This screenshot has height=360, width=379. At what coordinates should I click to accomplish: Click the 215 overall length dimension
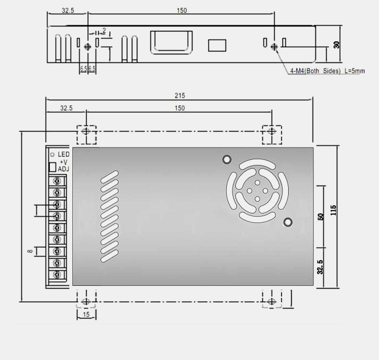point(180,95)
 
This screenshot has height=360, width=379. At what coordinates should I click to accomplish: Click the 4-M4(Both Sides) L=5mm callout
point(327,71)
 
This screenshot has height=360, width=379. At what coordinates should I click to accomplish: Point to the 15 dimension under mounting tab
point(86,314)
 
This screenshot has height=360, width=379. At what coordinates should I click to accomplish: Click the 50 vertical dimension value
point(321,217)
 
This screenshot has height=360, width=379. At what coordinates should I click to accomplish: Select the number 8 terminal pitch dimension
point(30,251)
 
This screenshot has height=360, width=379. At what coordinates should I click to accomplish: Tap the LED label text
point(63,154)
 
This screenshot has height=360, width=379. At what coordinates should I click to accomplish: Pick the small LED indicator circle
point(52,154)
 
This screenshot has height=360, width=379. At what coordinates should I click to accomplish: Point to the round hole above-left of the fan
point(227,159)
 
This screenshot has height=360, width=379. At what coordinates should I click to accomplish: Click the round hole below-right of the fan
point(288,222)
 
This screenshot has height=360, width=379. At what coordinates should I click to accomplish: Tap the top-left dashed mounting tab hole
point(86,132)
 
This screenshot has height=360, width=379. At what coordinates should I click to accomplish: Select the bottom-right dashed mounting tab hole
point(271,302)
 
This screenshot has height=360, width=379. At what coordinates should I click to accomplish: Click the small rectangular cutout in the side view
point(217,46)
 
